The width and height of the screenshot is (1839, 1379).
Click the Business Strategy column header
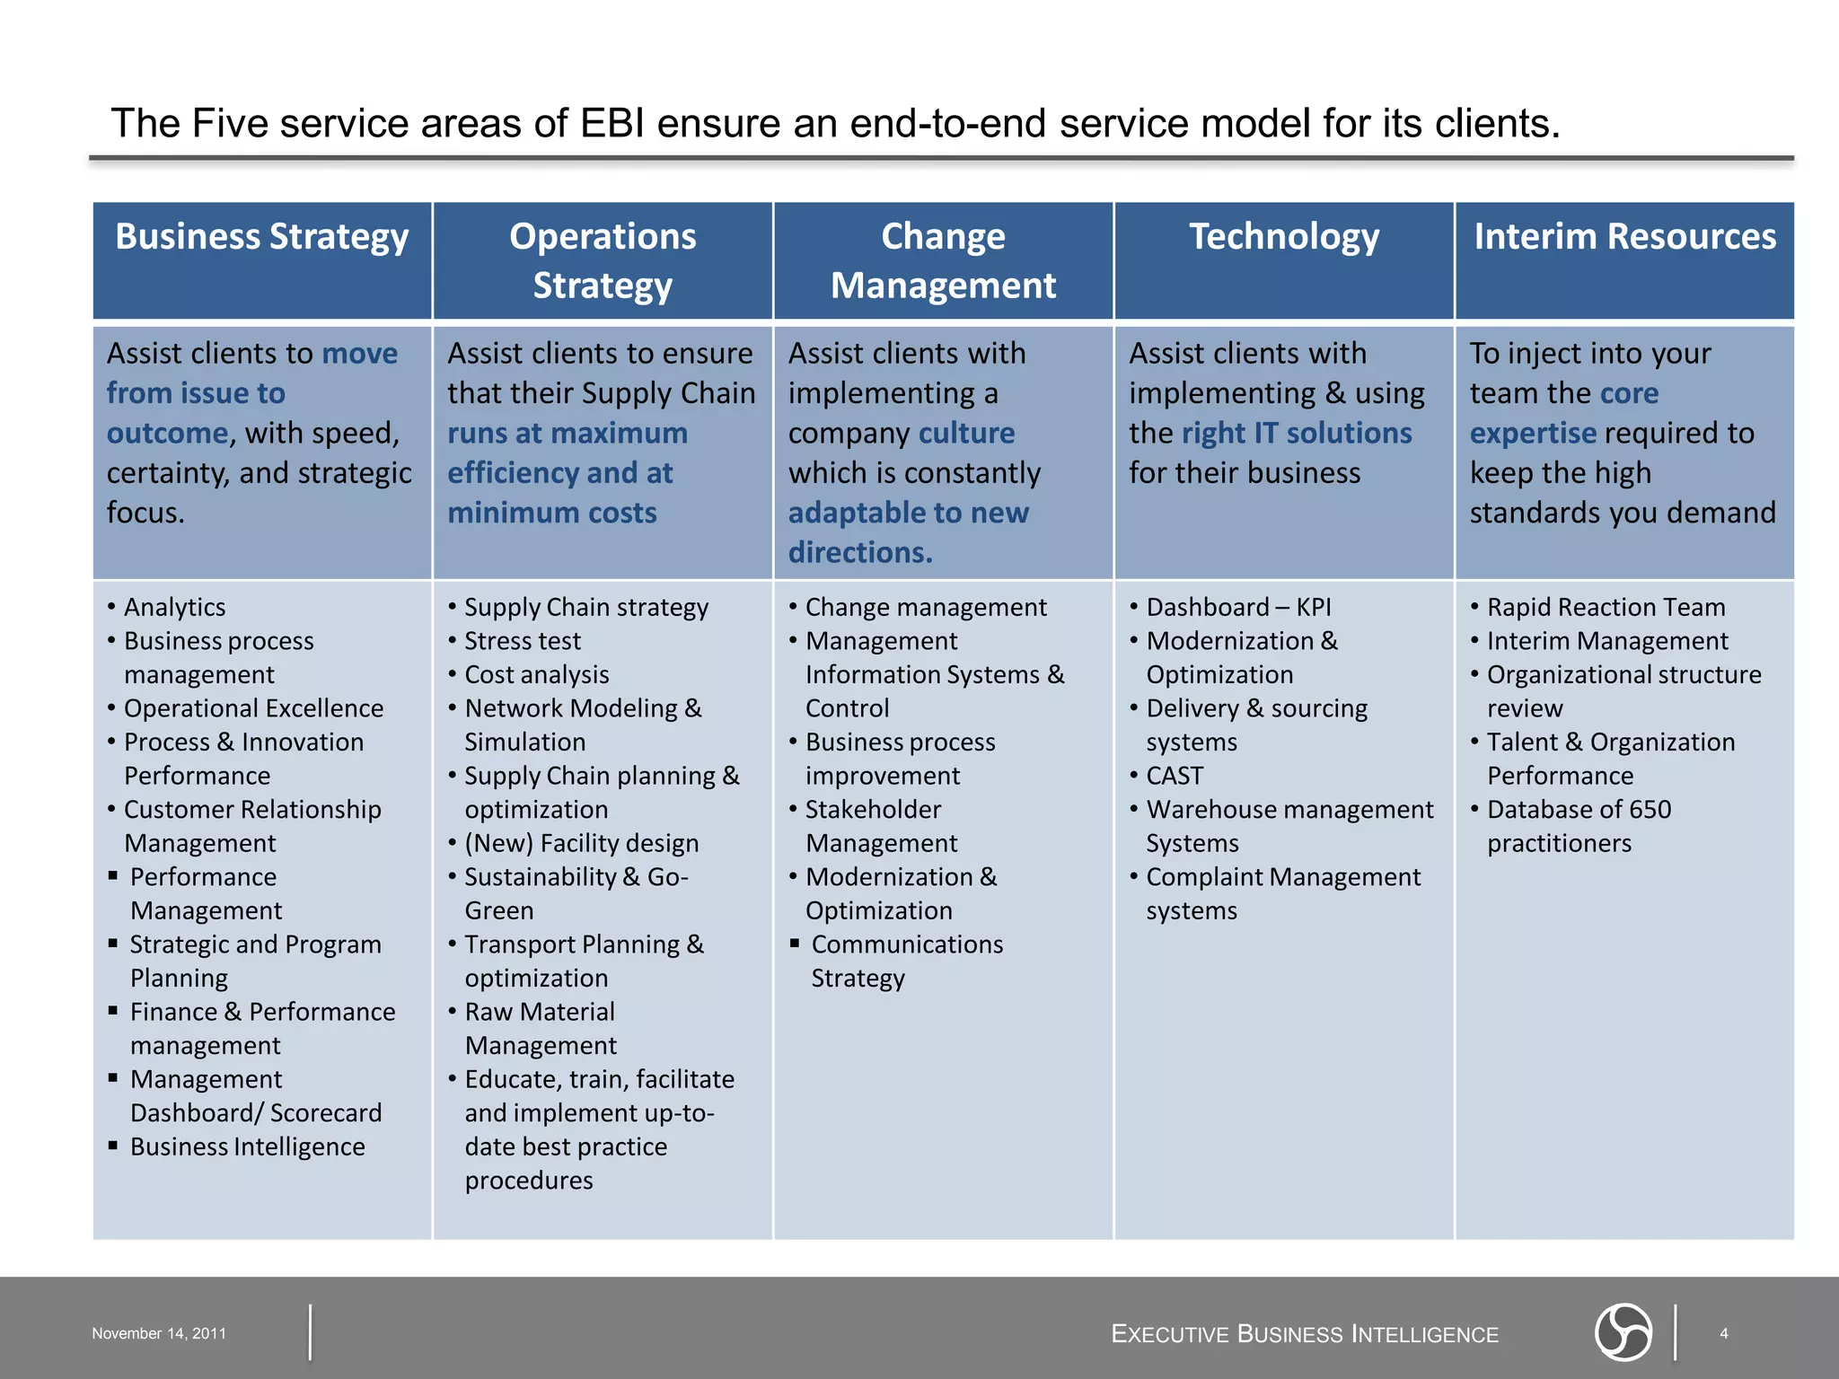tap(262, 237)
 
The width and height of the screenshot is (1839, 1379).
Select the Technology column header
tap(1284, 237)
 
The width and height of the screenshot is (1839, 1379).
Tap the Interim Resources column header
tap(1624, 237)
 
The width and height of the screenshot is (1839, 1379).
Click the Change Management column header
tap(943, 260)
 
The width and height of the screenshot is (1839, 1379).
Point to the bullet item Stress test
tap(523, 641)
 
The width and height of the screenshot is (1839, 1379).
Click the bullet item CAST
tap(1175, 776)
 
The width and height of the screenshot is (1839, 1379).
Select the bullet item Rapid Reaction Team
tap(1606, 608)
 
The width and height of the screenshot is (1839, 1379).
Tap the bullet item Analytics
tap(175, 608)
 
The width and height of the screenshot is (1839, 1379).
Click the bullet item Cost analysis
tap(537, 675)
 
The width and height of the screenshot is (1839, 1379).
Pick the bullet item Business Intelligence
tap(248, 1146)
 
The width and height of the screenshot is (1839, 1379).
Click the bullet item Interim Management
tap(1607, 641)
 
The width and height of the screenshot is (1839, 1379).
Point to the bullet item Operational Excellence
tap(254, 708)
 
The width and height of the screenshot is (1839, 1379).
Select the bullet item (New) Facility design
tap(582, 843)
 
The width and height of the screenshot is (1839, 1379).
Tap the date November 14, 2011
tap(159, 1333)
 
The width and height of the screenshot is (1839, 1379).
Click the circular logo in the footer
tap(1623, 1332)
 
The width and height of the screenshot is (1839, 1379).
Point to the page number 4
tap(1723, 1333)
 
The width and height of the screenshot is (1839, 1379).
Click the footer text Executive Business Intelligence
tap(1305, 1334)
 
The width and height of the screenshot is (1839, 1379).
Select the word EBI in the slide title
tap(612, 123)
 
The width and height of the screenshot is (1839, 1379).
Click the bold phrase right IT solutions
tap(1297, 434)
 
